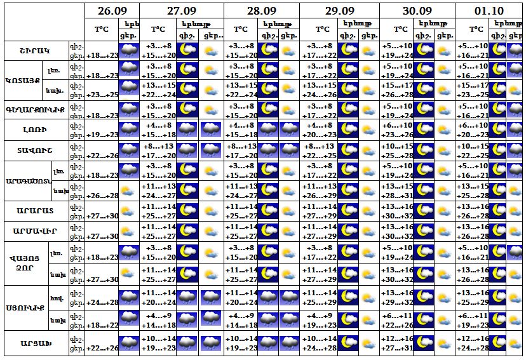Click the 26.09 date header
(x=112, y=11)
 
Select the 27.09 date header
(x=181, y=11)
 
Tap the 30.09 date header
(x=417, y=11)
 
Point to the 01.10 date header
(x=490, y=11)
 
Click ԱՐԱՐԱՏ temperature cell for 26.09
(x=102, y=216)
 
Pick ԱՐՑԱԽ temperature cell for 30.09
(x=398, y=343)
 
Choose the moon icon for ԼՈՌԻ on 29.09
(x=347, y=130)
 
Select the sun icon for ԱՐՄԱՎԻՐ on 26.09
(x=129, y=231)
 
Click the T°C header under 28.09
(x=240, y=29)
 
